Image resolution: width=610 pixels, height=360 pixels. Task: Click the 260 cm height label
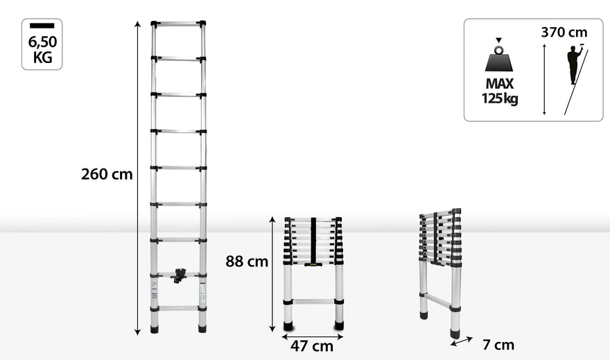[x=107, y=174]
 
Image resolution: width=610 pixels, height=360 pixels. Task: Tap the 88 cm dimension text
[x=247, y=261]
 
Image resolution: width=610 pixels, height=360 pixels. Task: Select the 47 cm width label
[x=312, y=346]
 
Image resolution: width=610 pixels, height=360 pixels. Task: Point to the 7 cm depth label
[x=498, y=345]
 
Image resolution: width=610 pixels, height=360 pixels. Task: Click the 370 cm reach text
[x=564, y=33]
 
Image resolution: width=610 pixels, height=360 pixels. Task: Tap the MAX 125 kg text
[x=500, y=91]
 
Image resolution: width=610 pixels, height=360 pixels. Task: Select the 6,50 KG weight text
[x=42, y=49]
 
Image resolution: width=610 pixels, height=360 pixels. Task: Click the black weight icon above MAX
[x=498, y=57]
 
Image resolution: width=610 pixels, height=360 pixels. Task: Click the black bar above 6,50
[x=42, y=26]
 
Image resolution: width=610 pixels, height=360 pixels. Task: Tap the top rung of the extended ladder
[x=178, y=24]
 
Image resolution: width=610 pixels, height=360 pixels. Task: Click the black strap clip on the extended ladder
[x=179, y=275]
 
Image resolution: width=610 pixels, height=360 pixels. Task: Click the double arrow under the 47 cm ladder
[x=313, y=336]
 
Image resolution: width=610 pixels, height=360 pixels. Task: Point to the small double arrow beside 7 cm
[x=462, y=341]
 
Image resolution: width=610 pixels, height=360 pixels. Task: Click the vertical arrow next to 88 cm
[x=272, y=275]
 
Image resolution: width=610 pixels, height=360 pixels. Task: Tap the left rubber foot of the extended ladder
[x=155, y=329]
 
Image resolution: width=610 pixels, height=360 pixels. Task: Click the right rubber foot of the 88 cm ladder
[x=339, y=325]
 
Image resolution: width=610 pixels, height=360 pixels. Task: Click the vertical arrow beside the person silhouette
[x=544, y=79]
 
